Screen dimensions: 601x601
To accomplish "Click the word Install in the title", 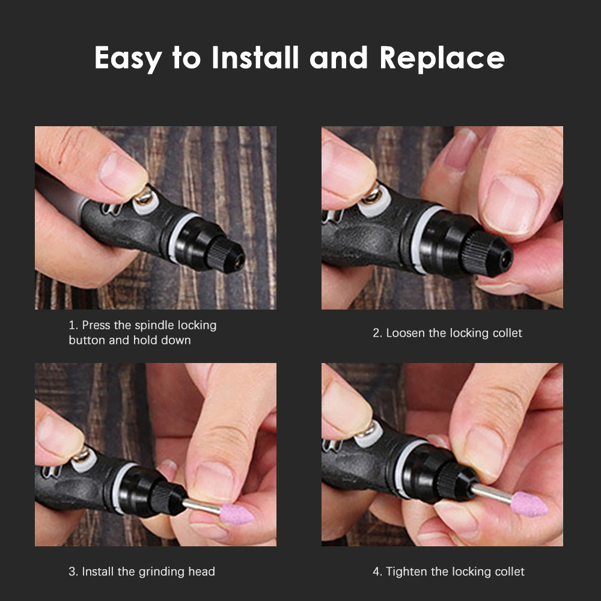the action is [255, 58].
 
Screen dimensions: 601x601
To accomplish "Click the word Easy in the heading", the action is [129, 59].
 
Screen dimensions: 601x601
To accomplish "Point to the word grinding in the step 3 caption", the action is [162, 572].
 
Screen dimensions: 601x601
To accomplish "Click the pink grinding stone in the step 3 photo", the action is [236, 514].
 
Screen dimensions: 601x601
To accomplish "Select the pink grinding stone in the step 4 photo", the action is [528, 504].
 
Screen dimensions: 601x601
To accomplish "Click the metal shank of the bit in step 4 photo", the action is [492, 492].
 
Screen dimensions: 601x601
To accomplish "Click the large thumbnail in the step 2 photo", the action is [511, 205].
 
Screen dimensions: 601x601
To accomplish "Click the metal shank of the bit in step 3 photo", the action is [201, 506].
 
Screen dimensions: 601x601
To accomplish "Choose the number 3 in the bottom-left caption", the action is [72, 572].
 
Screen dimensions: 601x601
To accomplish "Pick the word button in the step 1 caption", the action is [87, 340].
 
